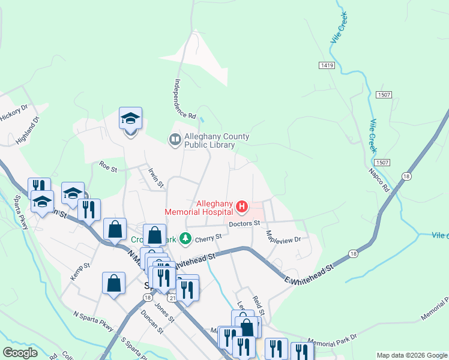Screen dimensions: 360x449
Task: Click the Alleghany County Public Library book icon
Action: [175, 140]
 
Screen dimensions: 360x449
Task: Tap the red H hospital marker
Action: [242, 208]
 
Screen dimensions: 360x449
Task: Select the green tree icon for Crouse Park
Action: [186, 239]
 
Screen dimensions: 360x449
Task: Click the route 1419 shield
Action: [327, 64]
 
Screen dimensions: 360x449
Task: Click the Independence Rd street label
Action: [185, 98]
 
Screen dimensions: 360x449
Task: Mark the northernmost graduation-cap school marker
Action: [130, 119]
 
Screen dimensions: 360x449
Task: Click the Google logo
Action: [20, 353]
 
